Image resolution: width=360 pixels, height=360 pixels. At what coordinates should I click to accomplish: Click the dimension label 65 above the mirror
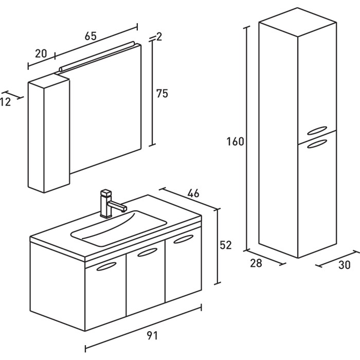pos(91,37)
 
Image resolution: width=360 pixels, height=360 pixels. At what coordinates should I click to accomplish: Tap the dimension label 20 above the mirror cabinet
pos(41,53)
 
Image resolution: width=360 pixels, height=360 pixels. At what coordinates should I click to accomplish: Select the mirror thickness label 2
pos(159,37)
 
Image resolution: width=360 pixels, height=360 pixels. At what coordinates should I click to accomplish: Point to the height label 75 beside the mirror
pos(162,94)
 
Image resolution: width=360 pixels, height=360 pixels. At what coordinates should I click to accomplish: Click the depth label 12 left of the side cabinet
pos(5,102)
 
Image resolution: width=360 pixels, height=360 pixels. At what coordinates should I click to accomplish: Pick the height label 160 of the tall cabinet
pos(235,142)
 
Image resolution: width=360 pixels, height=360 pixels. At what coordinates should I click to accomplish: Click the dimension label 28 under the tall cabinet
pos(256,264)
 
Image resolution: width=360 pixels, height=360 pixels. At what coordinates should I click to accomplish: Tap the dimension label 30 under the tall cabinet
pos(345,265)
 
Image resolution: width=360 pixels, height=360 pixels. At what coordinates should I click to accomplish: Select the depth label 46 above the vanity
pos(193,194)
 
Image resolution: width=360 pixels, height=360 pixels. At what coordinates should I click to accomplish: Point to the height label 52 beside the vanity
pos(226,245)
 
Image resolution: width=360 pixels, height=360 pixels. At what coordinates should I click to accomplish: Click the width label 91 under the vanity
pos(152,336)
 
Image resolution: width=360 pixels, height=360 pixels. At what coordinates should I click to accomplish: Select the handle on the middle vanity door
pos(147,252)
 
